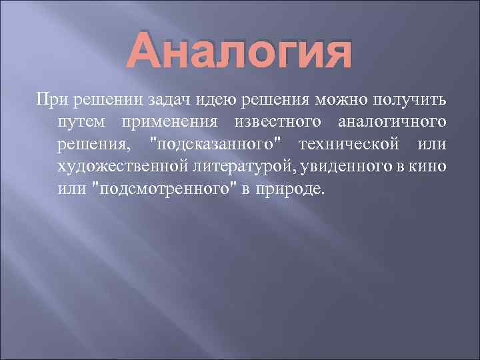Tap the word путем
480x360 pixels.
[x=81, y=123]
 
